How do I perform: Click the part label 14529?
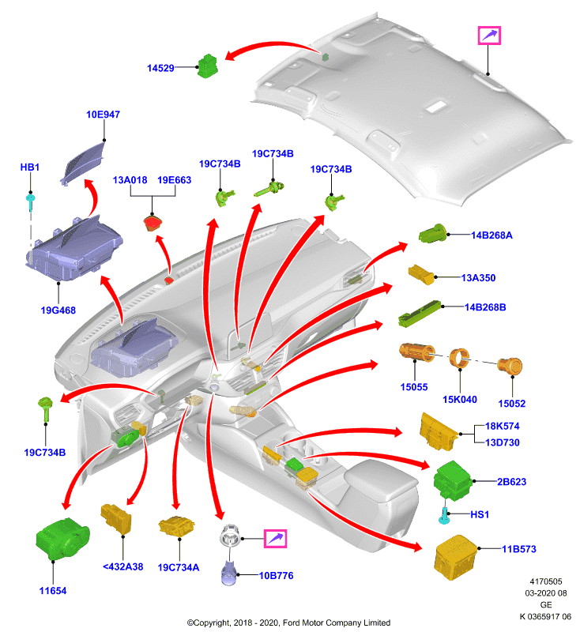coord(160,68)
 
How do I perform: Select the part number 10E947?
coord(104,115)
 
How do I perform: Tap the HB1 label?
coord(30,167)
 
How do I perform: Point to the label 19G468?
coord(58,310)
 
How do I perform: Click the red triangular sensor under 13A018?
coord(153,223)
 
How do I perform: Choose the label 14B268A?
coord(491,235)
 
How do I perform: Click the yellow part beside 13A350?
coord(421,274)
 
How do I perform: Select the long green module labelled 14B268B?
coord(420,313)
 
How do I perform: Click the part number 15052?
coord(511,404)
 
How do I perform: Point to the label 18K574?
coord(503,426)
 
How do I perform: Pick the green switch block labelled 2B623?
coord(452,481)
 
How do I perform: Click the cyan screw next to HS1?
coord(444,516)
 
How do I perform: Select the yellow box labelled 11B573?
coord(455,558)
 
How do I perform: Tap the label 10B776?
coord(276,576)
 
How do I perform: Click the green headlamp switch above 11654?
coord(62,540)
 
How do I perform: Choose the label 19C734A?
coord(178,567)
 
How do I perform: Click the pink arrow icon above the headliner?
coord(489,36)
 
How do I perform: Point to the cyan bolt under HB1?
coord(30,202)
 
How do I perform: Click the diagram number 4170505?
coord(546,581)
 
